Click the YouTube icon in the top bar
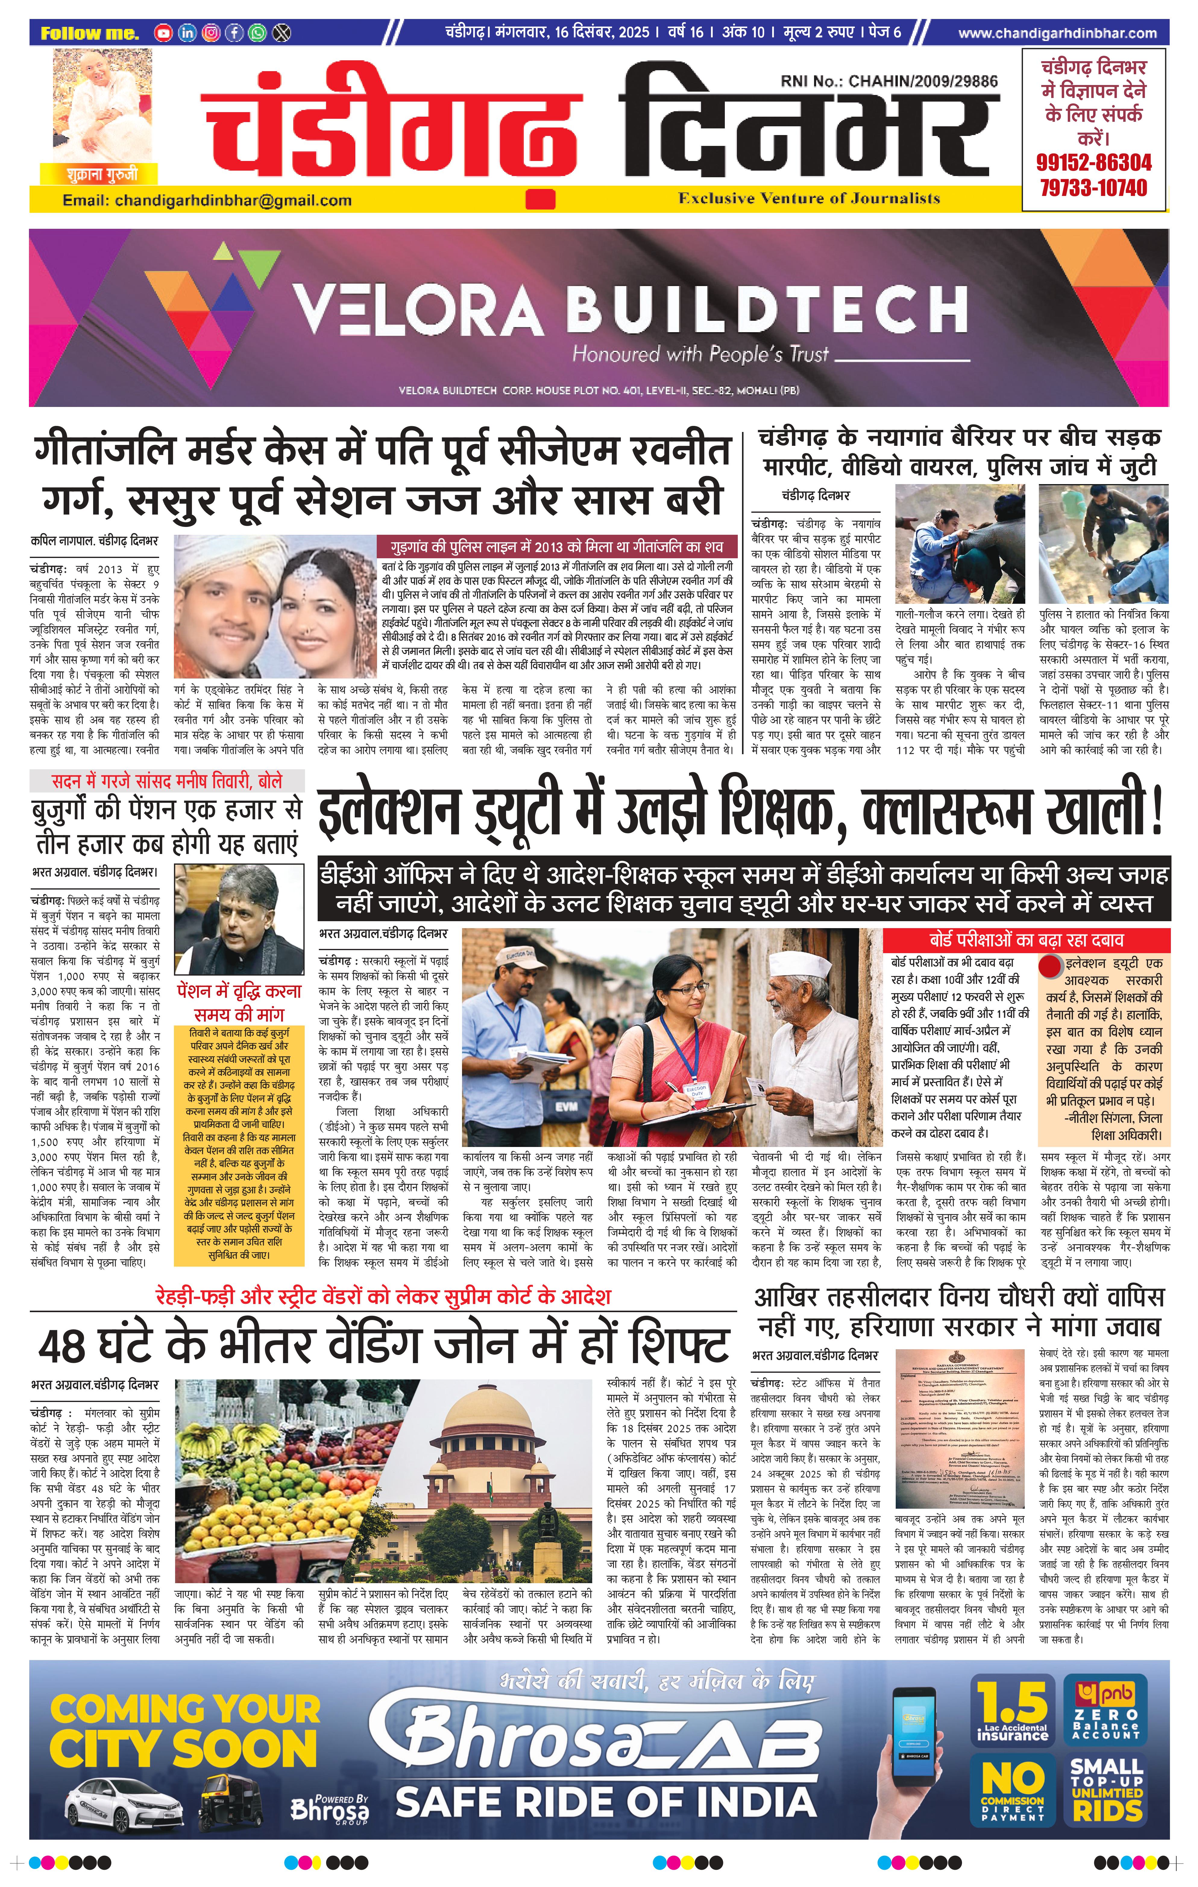point(163,33)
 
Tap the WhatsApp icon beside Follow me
point(257,33)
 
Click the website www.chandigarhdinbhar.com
point(1057,33)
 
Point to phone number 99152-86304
point(1094,163)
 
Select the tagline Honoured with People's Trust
point(700,354)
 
